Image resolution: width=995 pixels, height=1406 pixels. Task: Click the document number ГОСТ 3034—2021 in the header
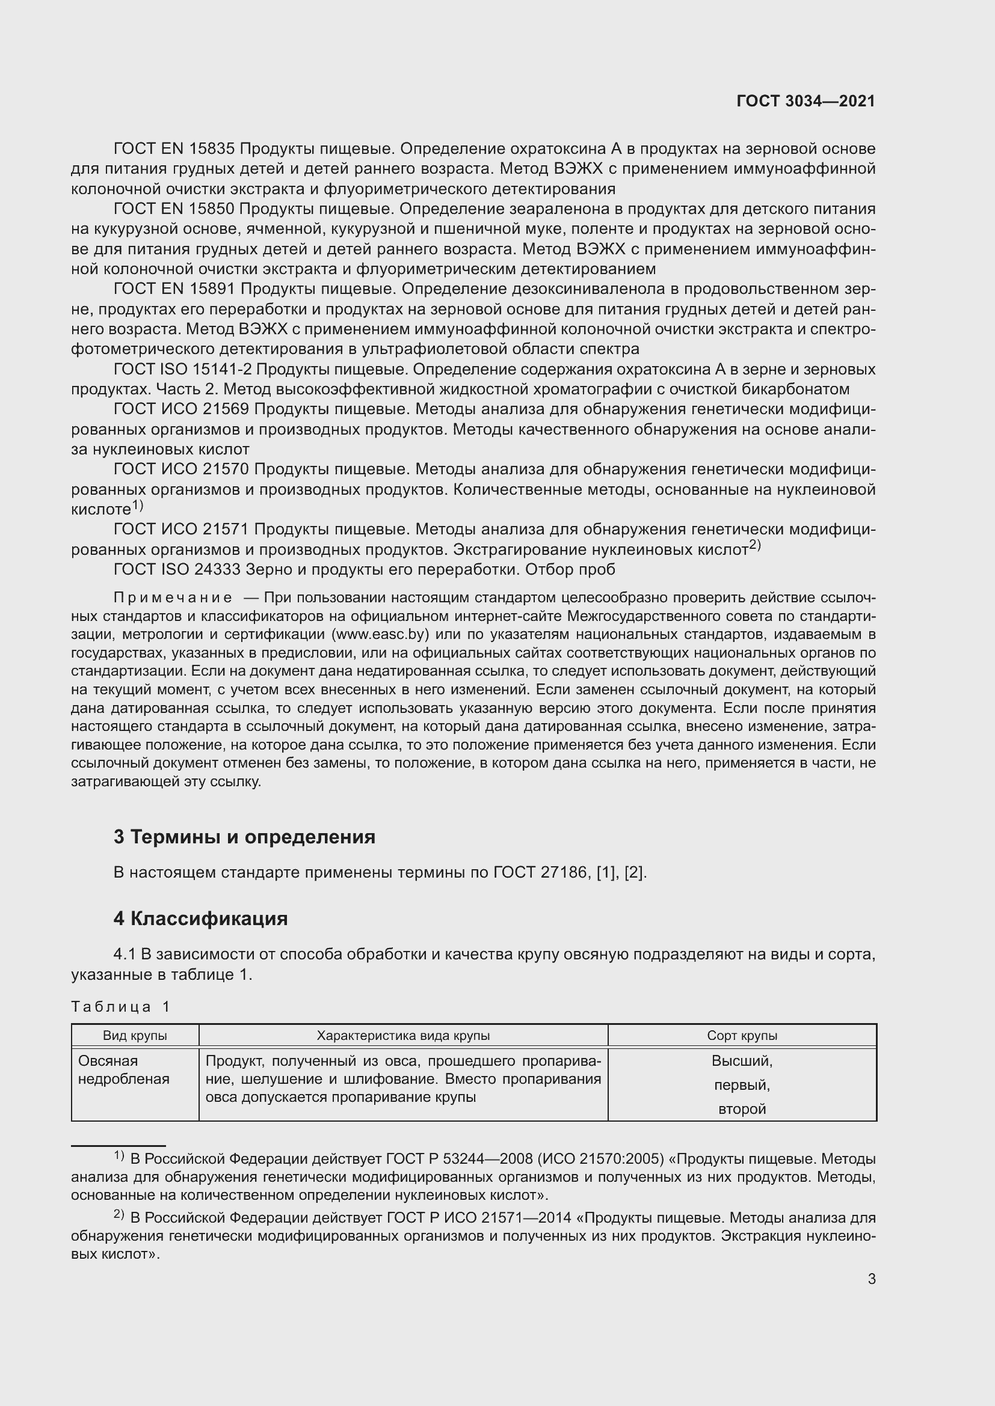(x=805, y=102)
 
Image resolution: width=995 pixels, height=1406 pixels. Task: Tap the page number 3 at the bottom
(x=871, y=1279)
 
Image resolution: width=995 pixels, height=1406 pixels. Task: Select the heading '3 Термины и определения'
(x=244, y=837)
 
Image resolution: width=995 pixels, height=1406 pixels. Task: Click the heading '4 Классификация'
(x=200, y=918)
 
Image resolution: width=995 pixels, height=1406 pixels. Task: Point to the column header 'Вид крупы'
(x=135, y=1036)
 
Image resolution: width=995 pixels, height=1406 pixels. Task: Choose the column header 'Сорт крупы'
(x=741, y=1036)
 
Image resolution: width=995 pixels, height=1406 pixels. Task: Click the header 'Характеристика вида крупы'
(x=402, y=1036)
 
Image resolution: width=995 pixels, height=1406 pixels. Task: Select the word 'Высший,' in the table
(x=741, y=1060)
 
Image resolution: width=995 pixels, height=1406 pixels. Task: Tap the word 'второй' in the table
(x=741, y=1109)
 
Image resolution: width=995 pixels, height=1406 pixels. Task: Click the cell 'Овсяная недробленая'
(x=123, y=1070)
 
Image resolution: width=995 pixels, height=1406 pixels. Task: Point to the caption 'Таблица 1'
(x=120, y=1007)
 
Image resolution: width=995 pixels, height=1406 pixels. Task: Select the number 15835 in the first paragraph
(x=211, y=149)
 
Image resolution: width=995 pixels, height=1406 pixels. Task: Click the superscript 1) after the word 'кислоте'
(x=138, y=506)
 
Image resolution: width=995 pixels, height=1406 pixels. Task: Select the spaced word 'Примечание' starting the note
(x=173, y=598)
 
